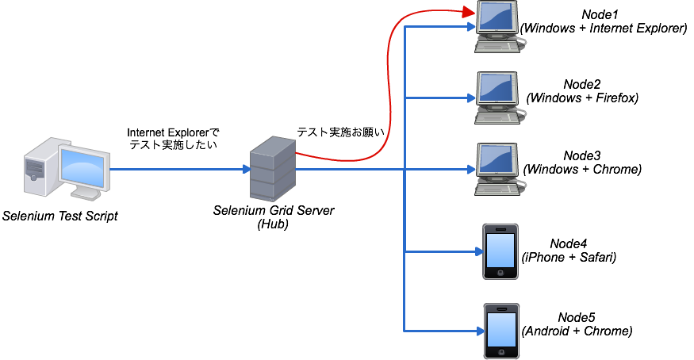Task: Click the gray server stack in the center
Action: [273, 170]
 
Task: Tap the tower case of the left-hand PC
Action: [37, 167]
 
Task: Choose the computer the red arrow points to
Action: [497, 26]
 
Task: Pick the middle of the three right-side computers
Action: [497, 98]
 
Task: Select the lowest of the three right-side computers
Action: [497, 169]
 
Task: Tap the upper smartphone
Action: [500, 251]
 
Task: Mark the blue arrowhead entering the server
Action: [247, 169]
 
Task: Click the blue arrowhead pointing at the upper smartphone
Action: [478, 251]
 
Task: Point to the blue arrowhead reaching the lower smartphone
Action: [480, 331]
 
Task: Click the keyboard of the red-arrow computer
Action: [497, 47]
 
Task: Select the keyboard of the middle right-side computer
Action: [497, 118]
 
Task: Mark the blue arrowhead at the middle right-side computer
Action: [470, 98]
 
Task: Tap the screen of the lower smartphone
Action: [501, 329]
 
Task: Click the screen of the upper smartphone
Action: [500, 250]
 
